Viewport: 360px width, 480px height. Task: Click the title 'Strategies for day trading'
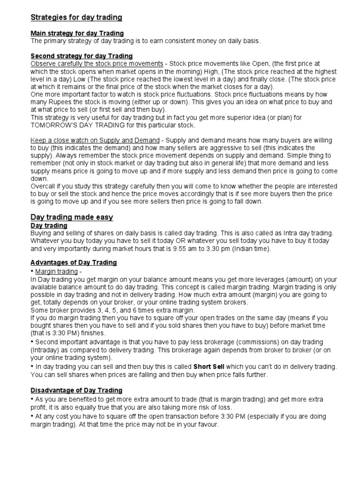click(x=76, y=17)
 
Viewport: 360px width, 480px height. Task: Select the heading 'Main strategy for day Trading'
click(x=77, y=33)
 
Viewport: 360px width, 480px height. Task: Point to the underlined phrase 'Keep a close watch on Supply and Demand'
click(x=95, y=141)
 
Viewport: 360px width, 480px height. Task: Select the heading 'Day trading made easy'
click(x=72, y=217)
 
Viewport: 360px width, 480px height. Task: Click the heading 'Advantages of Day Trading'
click(x=74, y=262)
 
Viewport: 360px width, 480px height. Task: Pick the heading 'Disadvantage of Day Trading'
click(x=76, y=390)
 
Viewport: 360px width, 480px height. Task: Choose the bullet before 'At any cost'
click(x=32, y=416)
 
